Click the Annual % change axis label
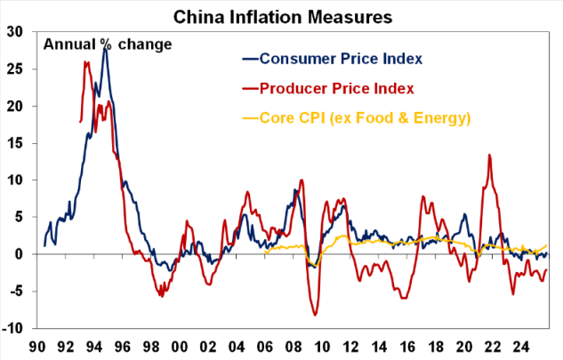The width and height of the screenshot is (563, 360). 108,44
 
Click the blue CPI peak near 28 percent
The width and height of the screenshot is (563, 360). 105,48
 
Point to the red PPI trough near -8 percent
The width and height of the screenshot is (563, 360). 315,315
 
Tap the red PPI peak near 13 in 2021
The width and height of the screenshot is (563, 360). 489,156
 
